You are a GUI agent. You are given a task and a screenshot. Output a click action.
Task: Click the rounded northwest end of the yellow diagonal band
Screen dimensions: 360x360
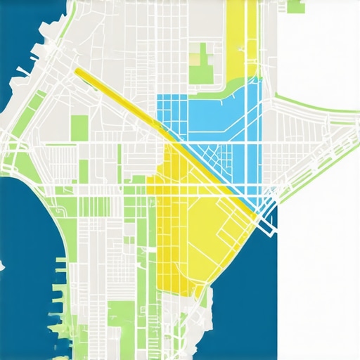(x=77, y=71)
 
